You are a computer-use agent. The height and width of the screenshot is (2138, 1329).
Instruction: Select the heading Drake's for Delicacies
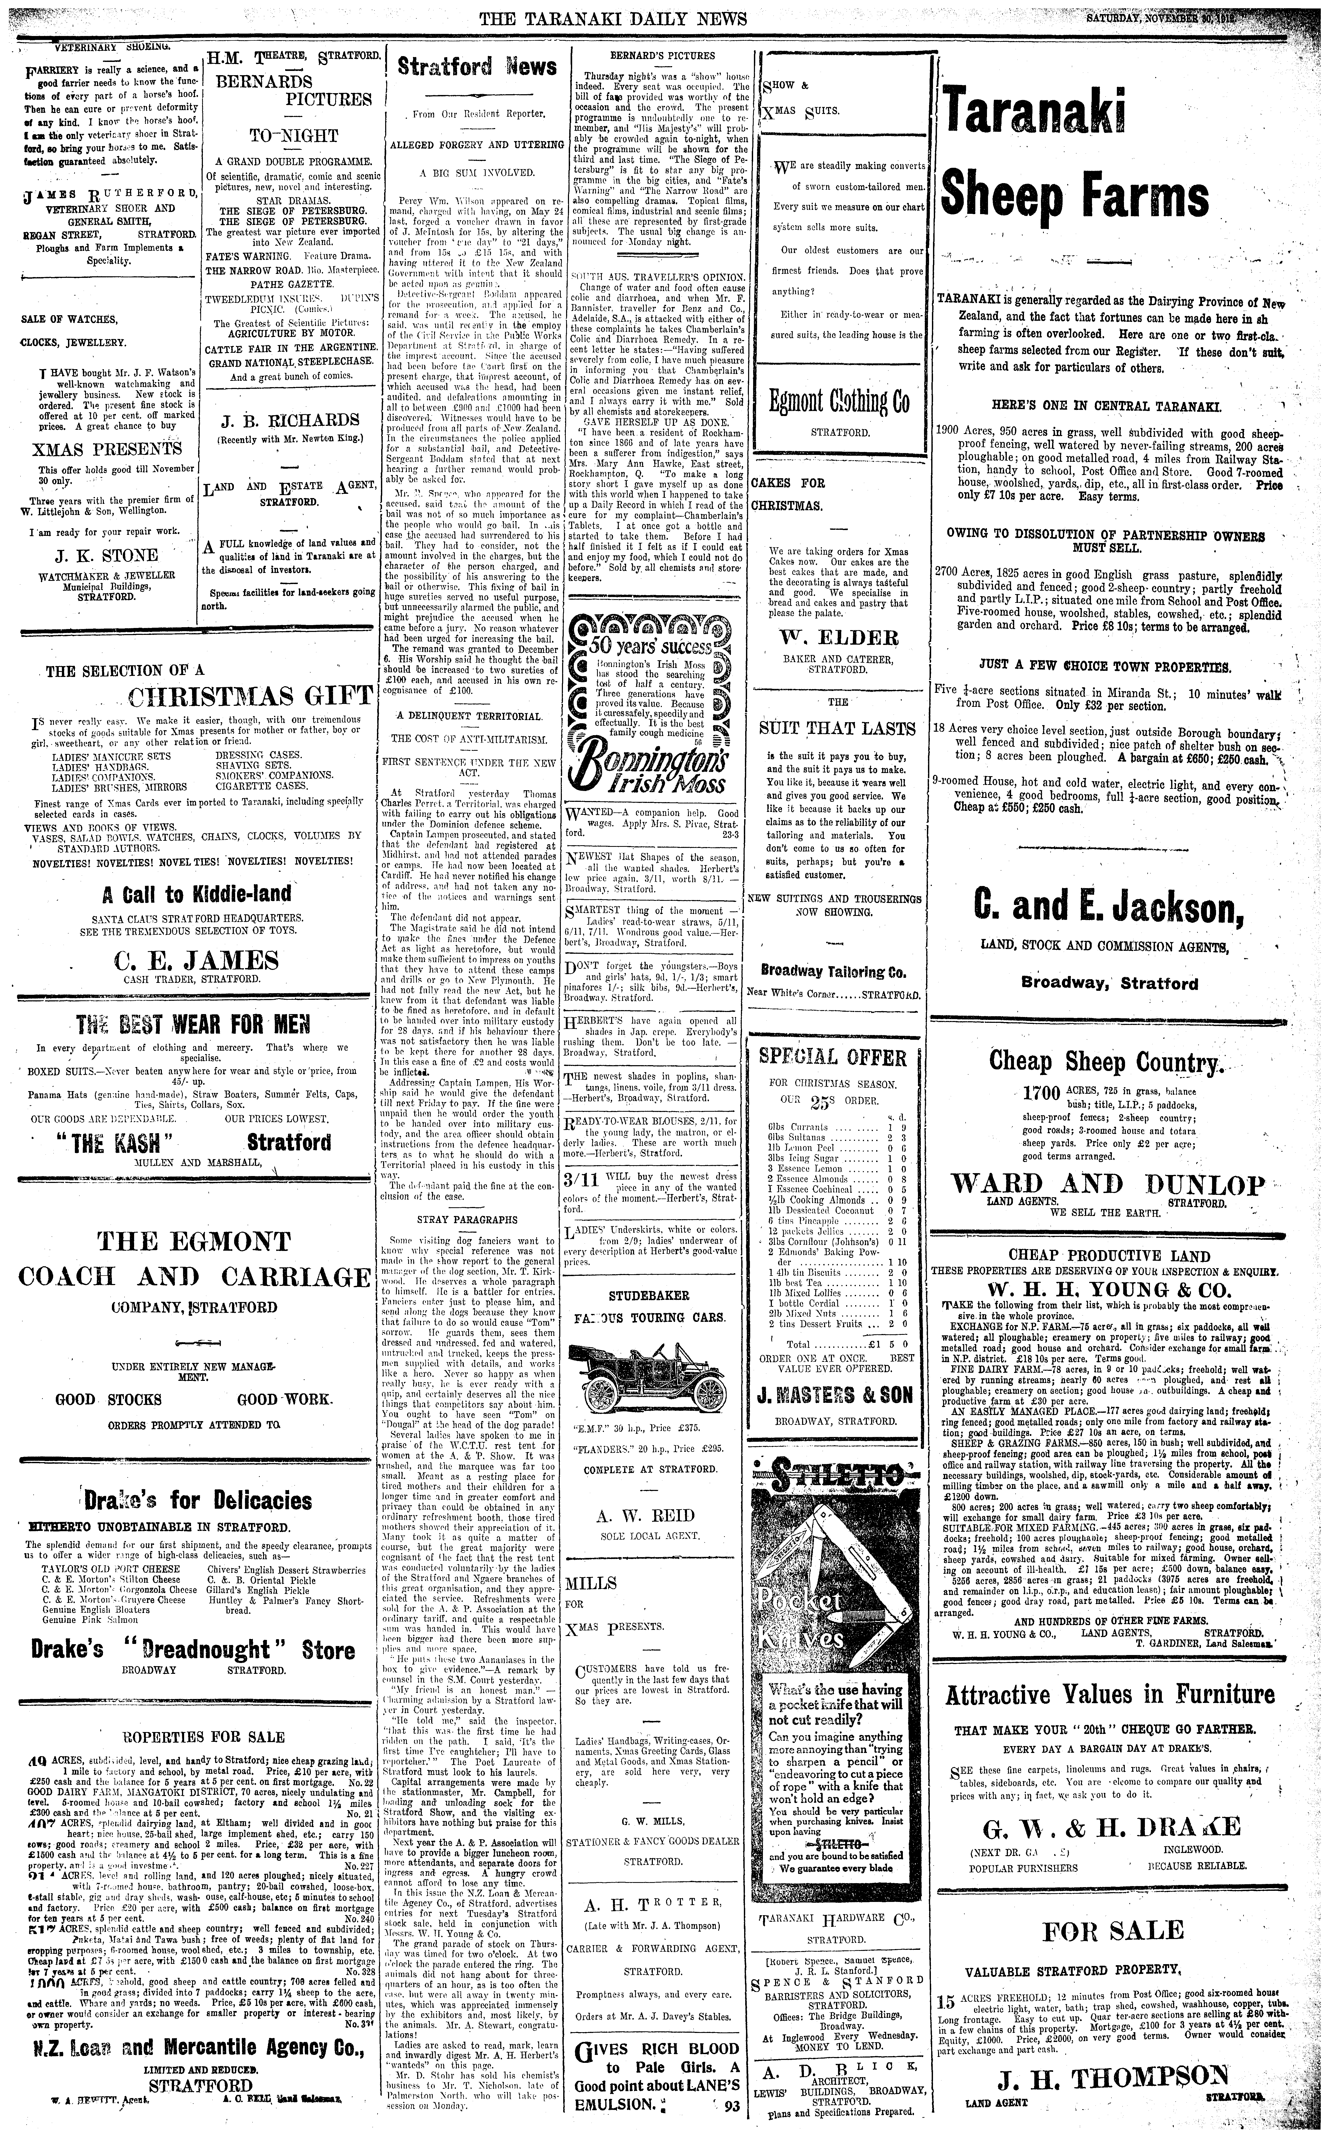[x=198, y=1500]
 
